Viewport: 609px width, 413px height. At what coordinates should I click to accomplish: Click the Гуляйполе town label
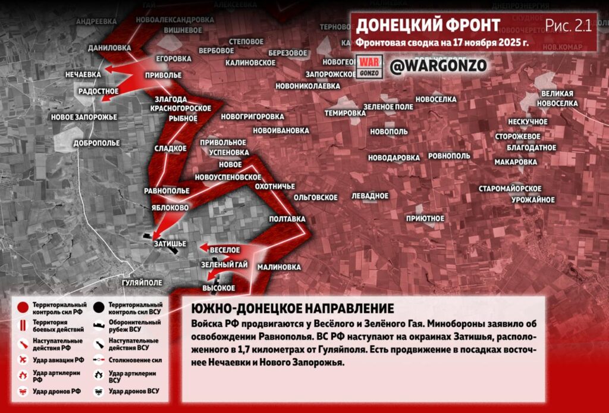point(142,282)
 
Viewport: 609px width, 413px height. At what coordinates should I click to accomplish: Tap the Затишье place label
point(170,244)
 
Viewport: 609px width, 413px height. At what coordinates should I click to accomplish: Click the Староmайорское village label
point(510,189)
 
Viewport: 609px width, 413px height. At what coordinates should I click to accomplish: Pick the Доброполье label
point(96,143)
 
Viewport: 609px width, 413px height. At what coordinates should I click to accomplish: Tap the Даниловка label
point(109,48)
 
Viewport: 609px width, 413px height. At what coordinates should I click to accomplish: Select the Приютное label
point(425,218)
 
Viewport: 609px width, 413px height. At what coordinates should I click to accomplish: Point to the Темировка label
point(345,113)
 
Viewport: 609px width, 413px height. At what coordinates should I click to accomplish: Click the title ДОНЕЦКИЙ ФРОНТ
point(428,26)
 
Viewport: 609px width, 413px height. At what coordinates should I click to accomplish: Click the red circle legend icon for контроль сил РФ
point(23,308)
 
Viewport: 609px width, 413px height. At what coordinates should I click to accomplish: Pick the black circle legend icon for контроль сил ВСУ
point(98,308)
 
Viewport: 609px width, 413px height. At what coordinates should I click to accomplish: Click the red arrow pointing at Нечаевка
point(119,70)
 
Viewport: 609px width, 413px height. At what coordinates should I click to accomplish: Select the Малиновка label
point(280,267)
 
